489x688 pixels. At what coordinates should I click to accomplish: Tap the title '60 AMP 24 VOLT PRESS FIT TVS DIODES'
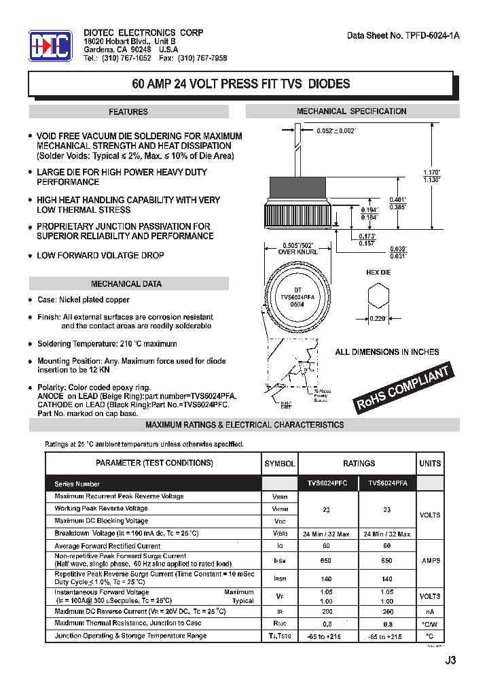tap(240, 84)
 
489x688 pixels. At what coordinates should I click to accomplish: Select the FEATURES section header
tap(128, 111)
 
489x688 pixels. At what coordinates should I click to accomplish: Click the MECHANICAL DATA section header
tap(126, 283)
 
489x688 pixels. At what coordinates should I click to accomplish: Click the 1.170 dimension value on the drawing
tap(432, 172)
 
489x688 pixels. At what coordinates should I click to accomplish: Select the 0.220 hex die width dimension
tap(377, 318)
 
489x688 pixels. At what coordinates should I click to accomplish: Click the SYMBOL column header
tap(280, 463)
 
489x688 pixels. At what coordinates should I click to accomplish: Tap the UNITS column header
tap(429, 463)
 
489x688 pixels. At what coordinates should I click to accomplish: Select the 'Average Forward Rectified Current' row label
tap(107, 546)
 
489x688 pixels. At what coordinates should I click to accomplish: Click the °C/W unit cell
tap(429, 623)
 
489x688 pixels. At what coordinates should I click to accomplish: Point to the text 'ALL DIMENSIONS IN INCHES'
tap(386, 352)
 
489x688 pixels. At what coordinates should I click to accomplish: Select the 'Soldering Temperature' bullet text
tap(107, 344)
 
